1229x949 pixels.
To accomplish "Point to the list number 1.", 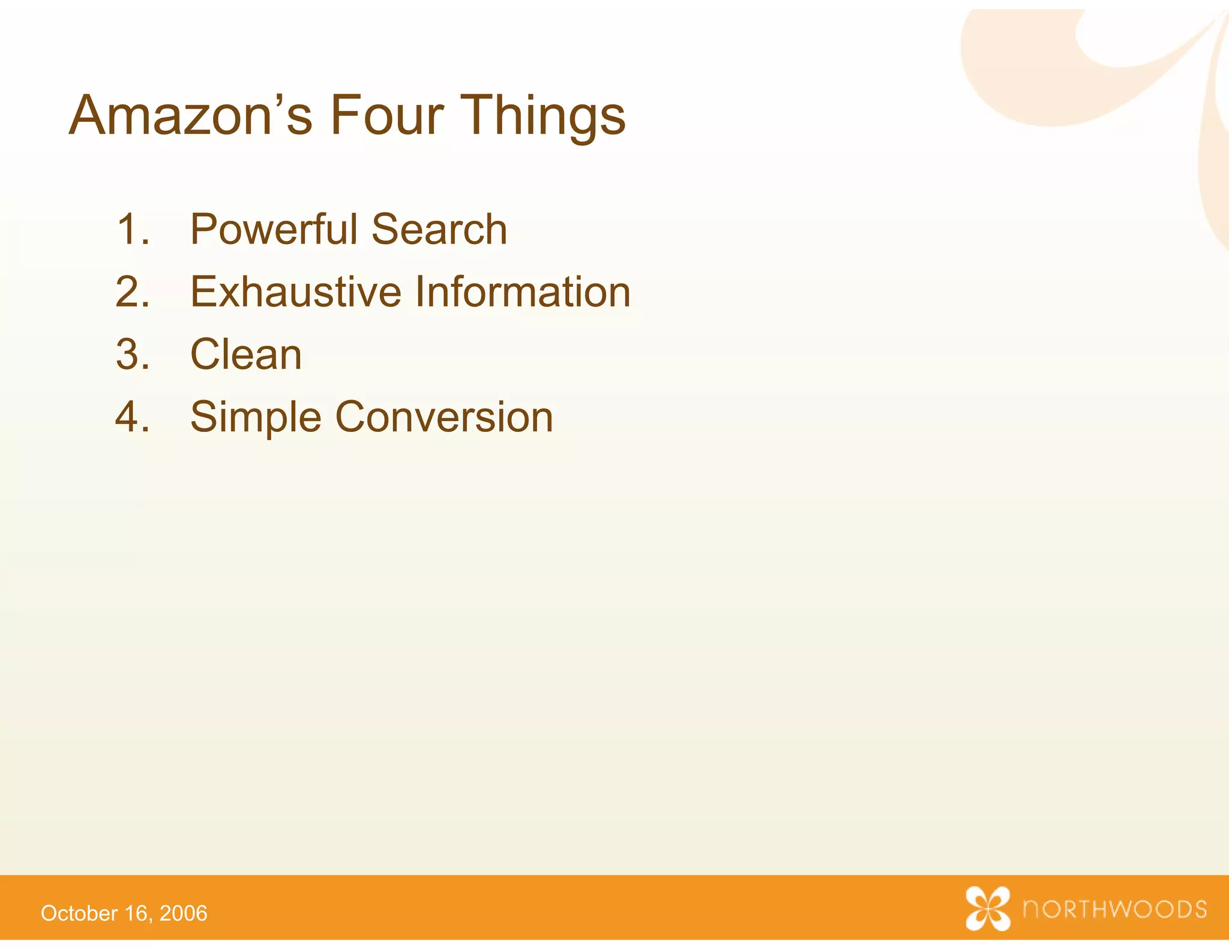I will (x=131, y=229).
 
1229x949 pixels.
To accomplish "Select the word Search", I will (x=439, y=229).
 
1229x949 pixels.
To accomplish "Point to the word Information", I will (x=522, y=292).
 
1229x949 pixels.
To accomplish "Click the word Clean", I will (x=246, y=354).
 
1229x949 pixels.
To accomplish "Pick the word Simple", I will (x=256, y=418).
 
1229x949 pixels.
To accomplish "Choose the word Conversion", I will (x=444, y=416).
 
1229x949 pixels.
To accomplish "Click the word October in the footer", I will (x=79, y=913).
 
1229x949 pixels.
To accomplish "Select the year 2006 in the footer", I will (x=184, y=913).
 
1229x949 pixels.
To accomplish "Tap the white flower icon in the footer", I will (x=988, y=908).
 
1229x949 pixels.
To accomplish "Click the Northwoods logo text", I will (x=1115, y=909).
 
